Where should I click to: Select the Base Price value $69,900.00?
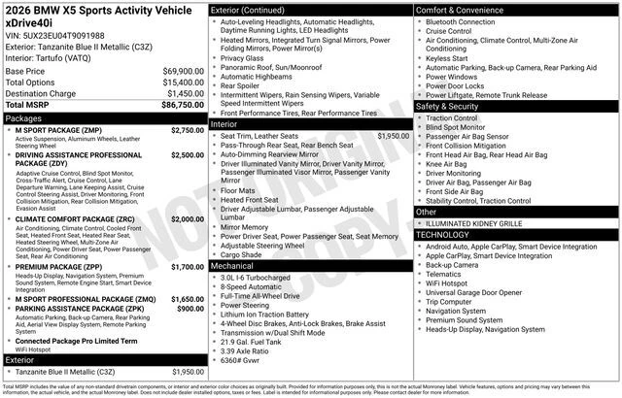(x=184, y=72)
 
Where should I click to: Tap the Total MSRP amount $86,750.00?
(x=184, y=104)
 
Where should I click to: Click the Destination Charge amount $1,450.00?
(x=184, y=93)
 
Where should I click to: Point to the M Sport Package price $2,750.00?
(x=188, y=129)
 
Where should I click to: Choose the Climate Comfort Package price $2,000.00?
(x=188, y=219)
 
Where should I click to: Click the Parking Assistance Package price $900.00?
(x=190, y=309)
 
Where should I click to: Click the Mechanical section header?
(x=233, y=264)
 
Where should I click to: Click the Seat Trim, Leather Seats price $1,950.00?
(x=393, y=136)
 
